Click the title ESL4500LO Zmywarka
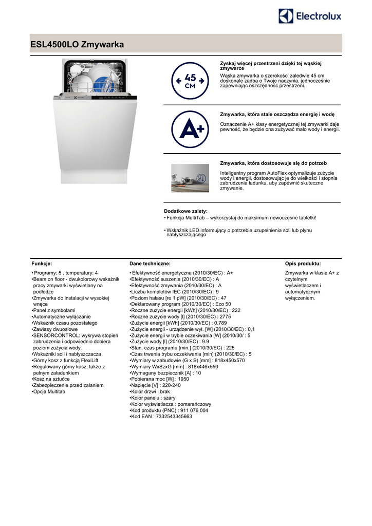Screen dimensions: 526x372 click(x=78, y=45)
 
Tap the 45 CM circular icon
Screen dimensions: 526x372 click(x=190, y=81)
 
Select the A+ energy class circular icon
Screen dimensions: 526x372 click(x=190, y=129)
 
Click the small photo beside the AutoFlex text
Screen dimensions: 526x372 click(x=190, y=178)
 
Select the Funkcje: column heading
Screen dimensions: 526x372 click(x=42, y=263)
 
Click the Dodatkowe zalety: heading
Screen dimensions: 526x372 click(x=185, y=211)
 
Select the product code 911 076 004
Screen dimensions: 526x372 click(x=190, y=410)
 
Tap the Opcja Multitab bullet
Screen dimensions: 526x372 click(x=49, y=391)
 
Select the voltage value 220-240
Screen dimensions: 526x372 click(x=170, y=385)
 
